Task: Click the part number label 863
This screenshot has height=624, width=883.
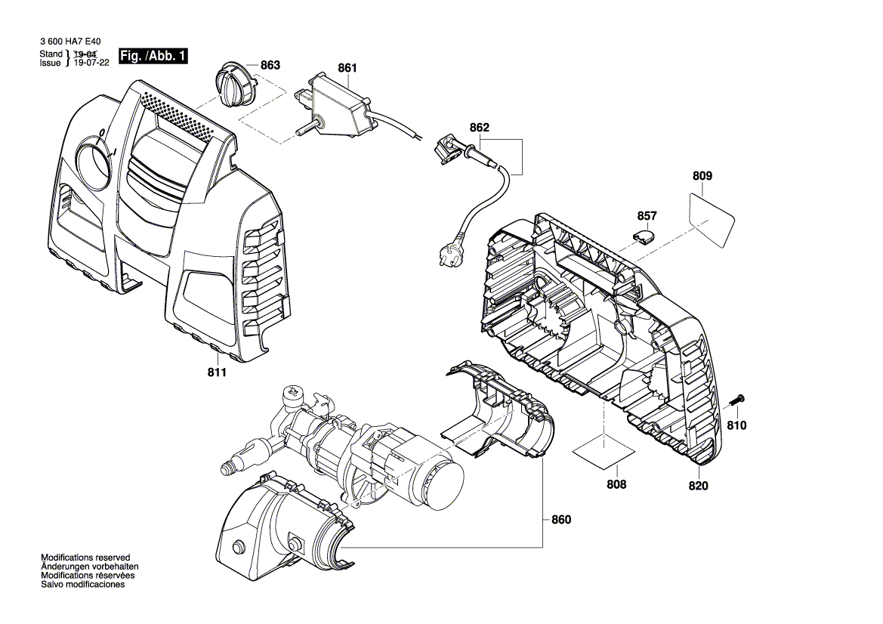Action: (x=270, y=66)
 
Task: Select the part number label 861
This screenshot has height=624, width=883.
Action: (x=347, y=68)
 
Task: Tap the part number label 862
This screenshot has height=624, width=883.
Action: (x=479, y=128)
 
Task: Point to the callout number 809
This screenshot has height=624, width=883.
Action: (x=702, y=176)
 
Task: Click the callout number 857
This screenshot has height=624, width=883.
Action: (x=647, y=216)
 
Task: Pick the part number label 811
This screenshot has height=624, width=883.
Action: (x=217, y=372)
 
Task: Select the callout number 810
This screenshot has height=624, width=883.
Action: (x=736, y=426)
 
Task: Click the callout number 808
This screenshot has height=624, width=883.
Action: (x=616, y=484)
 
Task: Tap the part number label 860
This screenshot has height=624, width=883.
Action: (x=561, y=520)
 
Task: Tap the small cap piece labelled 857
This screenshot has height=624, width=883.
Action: (x=643, y=235)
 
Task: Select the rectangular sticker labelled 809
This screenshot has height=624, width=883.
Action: (x=712, y=218)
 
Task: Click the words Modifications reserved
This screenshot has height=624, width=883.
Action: (x=85, y=557)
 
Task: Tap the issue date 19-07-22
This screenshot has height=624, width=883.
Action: (x=91, y=63)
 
